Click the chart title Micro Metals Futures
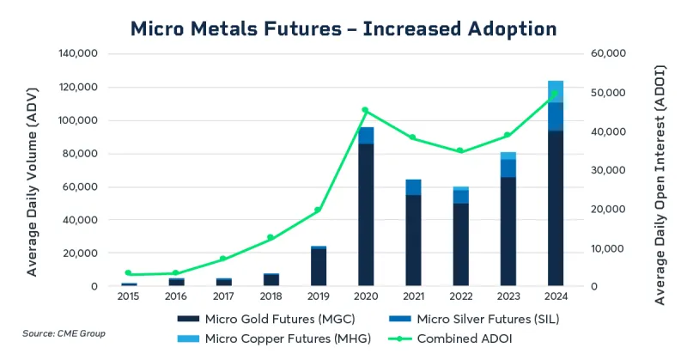[343, 28]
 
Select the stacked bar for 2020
[366, 211]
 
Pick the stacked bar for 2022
[461, 239]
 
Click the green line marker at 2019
[318, 210]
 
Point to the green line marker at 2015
[128, 273]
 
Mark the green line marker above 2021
[413, 137]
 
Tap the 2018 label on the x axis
[271, 296]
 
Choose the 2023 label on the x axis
[508, 296]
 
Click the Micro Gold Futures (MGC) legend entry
[266, 320]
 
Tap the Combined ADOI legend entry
[457, 339]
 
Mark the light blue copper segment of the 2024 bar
[556, 91]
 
